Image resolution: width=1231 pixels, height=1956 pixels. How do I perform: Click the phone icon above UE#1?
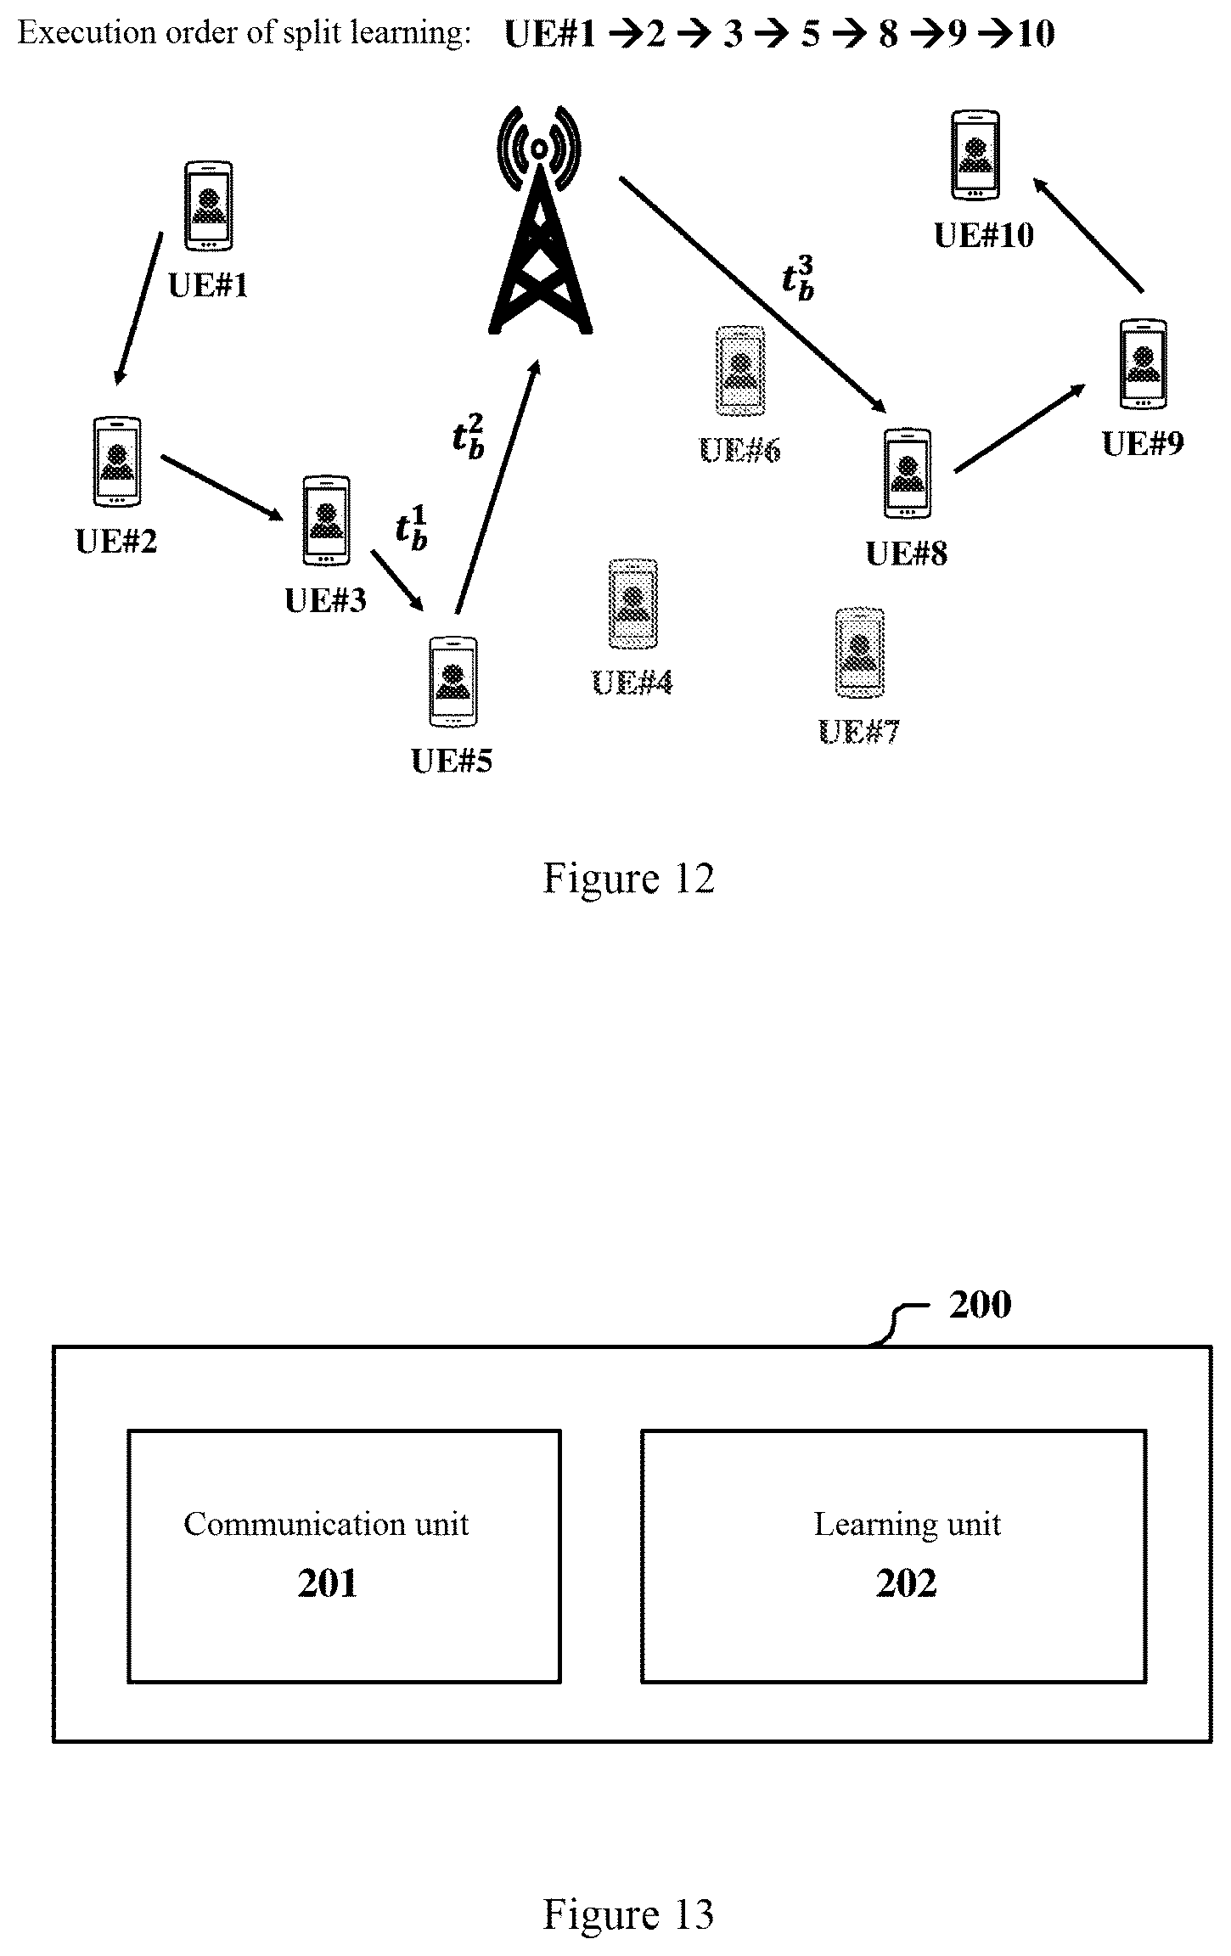click(209, 205)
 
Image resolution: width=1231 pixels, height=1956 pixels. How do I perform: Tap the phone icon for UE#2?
click(117, 462)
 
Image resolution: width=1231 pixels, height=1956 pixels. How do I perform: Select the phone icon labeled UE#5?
click(453, 681)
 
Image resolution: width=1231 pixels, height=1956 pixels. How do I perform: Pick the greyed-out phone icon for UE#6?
click(740, 371)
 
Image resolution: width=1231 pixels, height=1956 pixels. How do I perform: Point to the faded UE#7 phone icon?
click(860, 653)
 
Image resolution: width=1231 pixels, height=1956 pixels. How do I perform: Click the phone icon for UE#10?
click(975, 155)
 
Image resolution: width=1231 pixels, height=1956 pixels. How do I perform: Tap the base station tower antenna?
click(540, 219)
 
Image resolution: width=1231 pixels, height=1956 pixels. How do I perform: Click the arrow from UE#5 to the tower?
click(497, 486)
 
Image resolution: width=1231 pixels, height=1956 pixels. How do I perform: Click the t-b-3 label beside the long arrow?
click(798, 278)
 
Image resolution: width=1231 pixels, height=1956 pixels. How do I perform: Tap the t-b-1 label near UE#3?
click(412, 528)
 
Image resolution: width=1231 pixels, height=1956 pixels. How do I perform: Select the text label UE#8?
click(907, 554)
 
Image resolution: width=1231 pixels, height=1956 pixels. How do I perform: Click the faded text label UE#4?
click(632, 682)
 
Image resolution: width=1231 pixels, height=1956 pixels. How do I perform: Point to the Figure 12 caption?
click(628, 878)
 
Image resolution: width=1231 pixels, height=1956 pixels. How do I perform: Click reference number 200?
click(980, 1305)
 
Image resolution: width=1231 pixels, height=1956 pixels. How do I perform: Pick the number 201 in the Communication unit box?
click(327, 1584)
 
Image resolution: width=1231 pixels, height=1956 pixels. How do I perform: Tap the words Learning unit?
click(908, 1524)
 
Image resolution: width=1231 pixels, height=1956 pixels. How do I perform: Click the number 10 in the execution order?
click(1036, 34)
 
